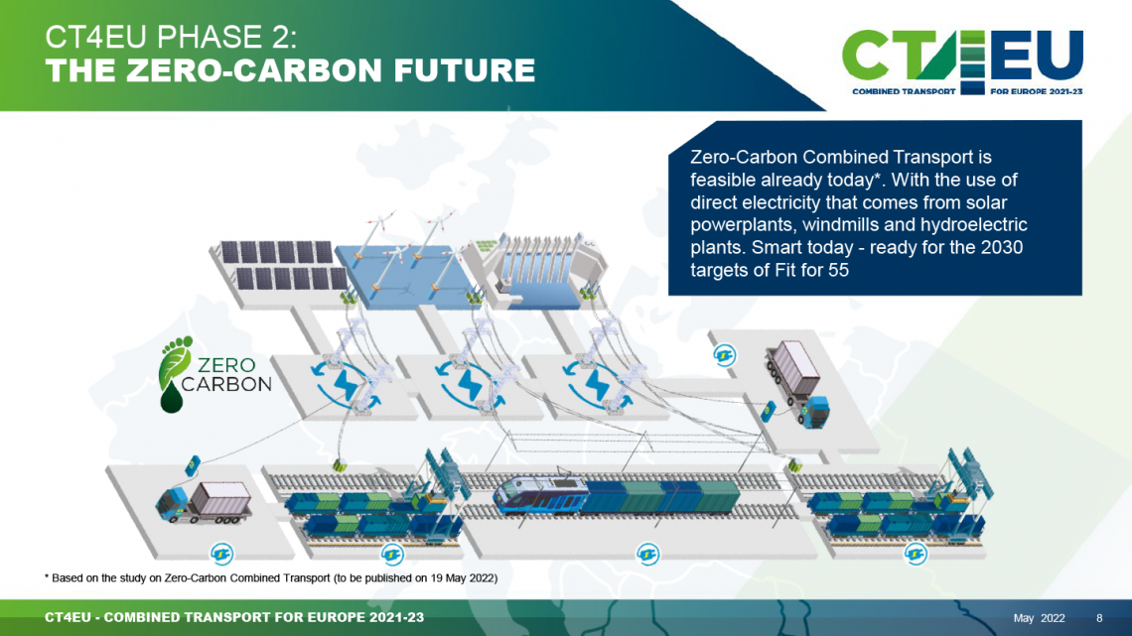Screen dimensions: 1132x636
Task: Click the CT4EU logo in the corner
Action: click(962, 63)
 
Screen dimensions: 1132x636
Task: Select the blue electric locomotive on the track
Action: click(541, 495)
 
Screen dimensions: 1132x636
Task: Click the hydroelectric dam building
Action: click(538, 271)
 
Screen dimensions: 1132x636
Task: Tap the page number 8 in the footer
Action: click(1099, 618)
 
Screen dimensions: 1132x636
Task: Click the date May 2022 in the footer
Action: click(1039, 618)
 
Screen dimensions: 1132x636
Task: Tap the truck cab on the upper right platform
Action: click(813, 412)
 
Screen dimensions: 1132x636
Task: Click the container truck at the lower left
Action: click(204, 502)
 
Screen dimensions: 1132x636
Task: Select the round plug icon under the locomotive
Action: click(647, 554)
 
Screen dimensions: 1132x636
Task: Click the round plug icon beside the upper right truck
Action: click(724, 355)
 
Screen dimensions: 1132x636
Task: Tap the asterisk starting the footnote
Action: click(47, 576)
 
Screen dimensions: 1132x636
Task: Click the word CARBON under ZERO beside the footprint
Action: click(226, 384)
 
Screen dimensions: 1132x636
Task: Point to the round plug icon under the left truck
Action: click(221, 554)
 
